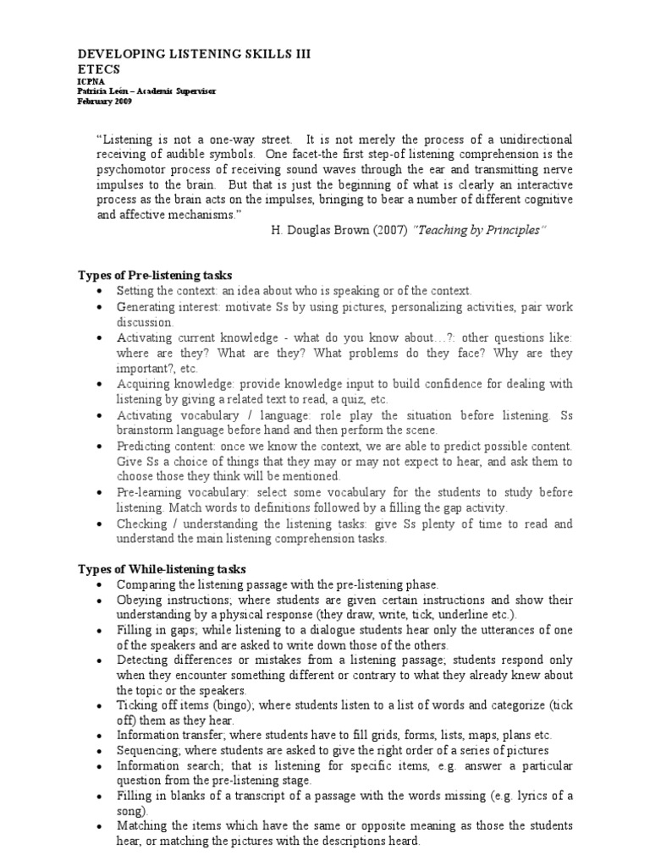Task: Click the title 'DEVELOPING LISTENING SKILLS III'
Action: point(195,53)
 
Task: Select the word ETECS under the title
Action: point(101,69)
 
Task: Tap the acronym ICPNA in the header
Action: point(91,83)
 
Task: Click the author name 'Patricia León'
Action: point(104,92)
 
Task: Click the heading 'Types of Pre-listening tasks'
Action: point(156,276)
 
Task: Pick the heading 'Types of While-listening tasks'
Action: point(162,569)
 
